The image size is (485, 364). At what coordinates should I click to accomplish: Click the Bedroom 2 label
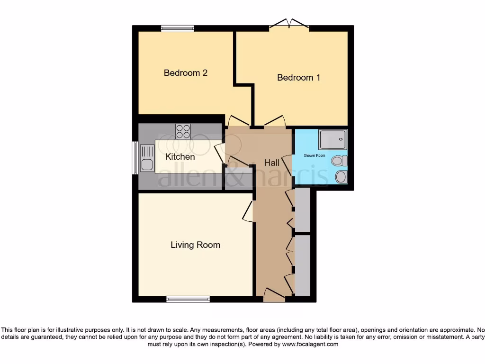pyautogui.click(x=186, y=73)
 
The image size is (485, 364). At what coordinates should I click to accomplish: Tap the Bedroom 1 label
pyautogui.click(x=298, y=77)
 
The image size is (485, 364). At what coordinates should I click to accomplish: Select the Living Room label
pyautogui.click(x=195, y=245)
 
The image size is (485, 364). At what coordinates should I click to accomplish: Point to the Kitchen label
pyautogui.click(x=180, y=157)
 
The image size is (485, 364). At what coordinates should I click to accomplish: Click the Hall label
pyautogui.click(x=271, y=163)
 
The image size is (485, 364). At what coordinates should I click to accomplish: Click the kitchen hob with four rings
pyautogui.click(x=183, y=131)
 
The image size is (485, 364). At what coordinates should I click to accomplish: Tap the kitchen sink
pyautogui.click(x=146, y=159)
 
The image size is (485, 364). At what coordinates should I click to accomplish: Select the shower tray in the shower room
pyautogui.click(x=333, y=139)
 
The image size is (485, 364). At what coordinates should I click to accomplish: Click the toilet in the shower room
pyautogui.click(x=339, y=162)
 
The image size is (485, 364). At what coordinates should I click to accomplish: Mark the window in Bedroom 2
pyautogui.click(x=177, y=28)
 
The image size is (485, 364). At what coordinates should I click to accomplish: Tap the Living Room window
pyautogui.click(x=188, y=299)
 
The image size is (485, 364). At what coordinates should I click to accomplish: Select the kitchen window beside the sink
pyautogui.click(x=135, y=158)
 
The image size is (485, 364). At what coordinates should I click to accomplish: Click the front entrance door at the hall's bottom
pyautogui.click(x=274, y=296)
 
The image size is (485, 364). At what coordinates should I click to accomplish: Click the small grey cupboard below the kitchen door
pyautogui.click(x=239, y=180)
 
